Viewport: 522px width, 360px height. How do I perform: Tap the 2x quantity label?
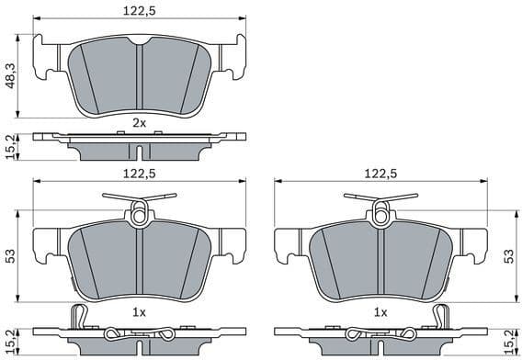click(x=139, y=121)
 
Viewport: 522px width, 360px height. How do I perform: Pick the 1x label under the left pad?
click(x=139, y=312)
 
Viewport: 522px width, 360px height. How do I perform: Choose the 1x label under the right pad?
click(x=380, y=312)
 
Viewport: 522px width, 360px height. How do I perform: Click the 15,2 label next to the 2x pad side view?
click(x=8, y=146)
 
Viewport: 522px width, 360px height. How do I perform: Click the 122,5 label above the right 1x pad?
click(x=380, y=173)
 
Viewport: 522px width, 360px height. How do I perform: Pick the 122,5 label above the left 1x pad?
click(x=139, y=173)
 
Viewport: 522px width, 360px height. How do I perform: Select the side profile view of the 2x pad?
click(x=139, y=145)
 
